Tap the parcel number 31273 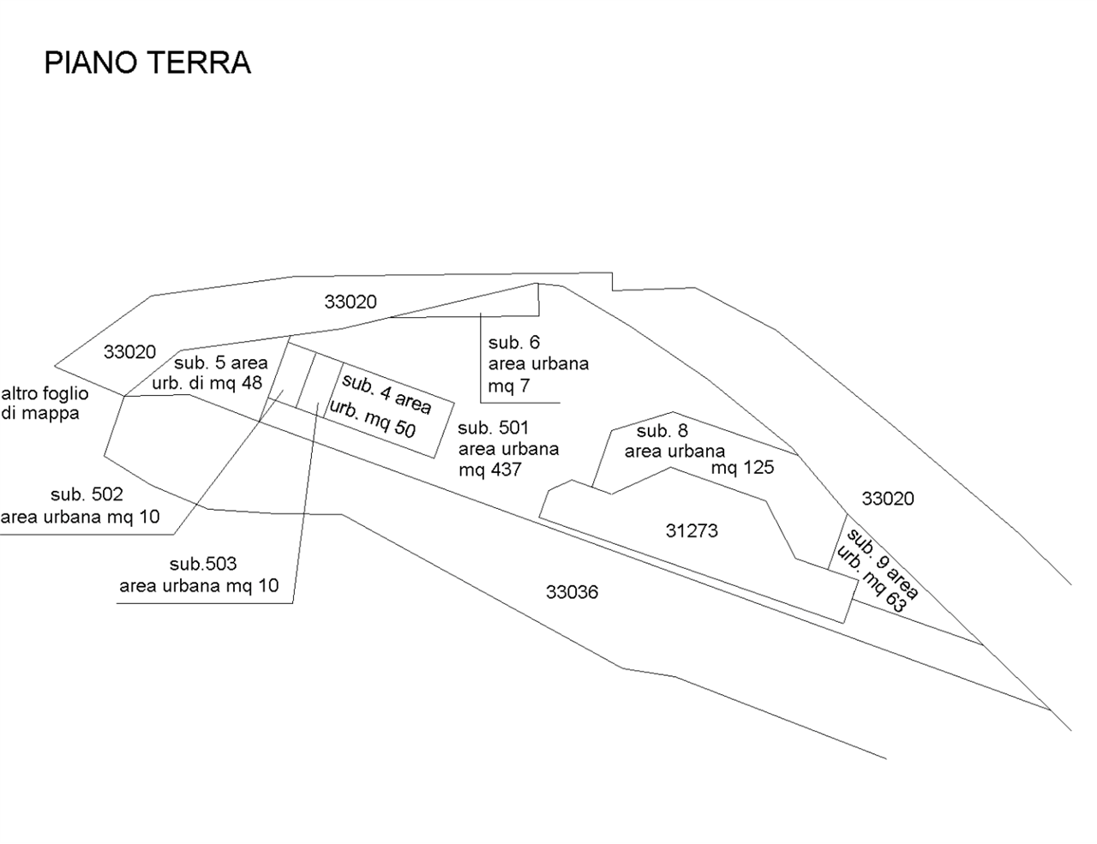[x=692, y=531]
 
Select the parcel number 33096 [x=572, y=591]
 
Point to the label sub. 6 [x=514, y=343]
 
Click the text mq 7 [x=509, y=387]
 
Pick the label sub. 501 [x=494, y=428]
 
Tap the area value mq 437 [x=490, y=470]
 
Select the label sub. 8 [x=662, y=431]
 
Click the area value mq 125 [x=742, y=468]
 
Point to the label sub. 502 [x=87, y=494]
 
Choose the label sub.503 [x=203, y=564]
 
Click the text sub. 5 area [x=221, y=363]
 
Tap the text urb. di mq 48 [x=207, y=383]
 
